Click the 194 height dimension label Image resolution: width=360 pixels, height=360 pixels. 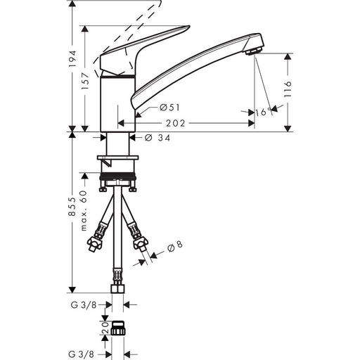(x=72, y=58)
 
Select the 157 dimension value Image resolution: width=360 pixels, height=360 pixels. (x=85, y=81)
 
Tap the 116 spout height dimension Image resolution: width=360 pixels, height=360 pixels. (x=288, y=89)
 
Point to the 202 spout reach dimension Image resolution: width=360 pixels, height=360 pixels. (x=176, y=123)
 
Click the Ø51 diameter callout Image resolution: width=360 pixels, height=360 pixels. (x=169, y=108)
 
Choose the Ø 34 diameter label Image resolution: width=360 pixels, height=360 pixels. (x=157, y=138)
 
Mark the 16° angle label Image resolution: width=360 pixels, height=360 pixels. (x=263, y=112)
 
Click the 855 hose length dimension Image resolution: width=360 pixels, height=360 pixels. (x=72, y=206)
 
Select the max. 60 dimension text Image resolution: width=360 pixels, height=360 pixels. (x=84, y=211)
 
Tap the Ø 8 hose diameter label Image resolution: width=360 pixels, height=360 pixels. (x=175, y=247)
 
